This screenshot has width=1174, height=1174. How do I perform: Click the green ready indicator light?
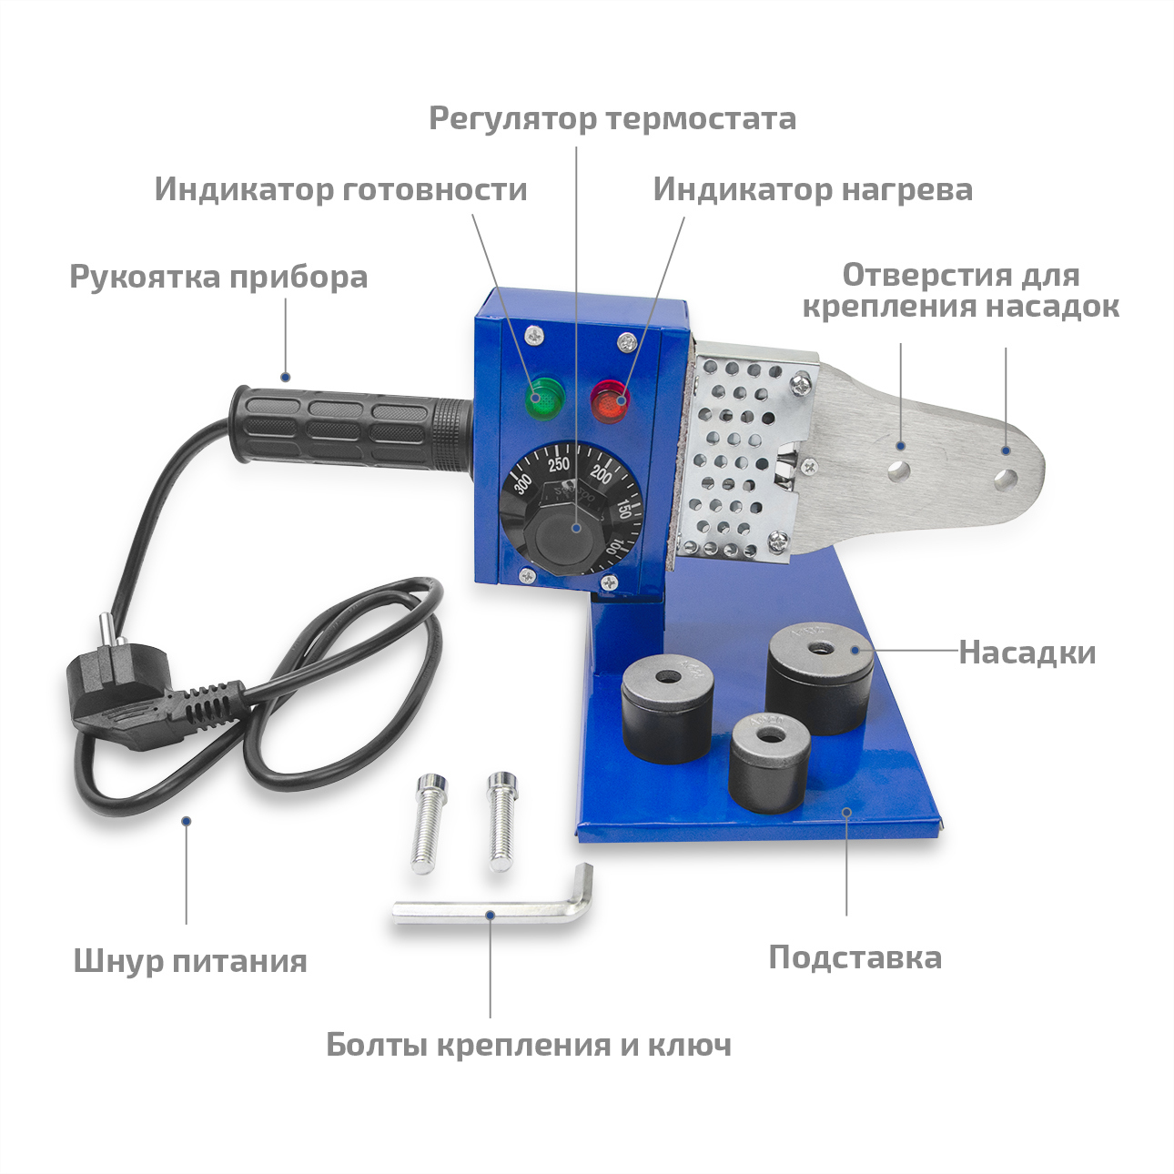[x=544, y=397]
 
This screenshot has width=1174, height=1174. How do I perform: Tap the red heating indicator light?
[x=610, y=399]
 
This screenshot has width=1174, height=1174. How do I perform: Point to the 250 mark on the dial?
[x=558, y=465]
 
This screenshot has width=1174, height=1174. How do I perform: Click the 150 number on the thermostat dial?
[x=623, y=507]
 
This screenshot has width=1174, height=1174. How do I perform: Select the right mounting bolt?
[x=501, y=823]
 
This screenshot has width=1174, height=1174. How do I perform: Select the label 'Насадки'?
[x=1027, y=653]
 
